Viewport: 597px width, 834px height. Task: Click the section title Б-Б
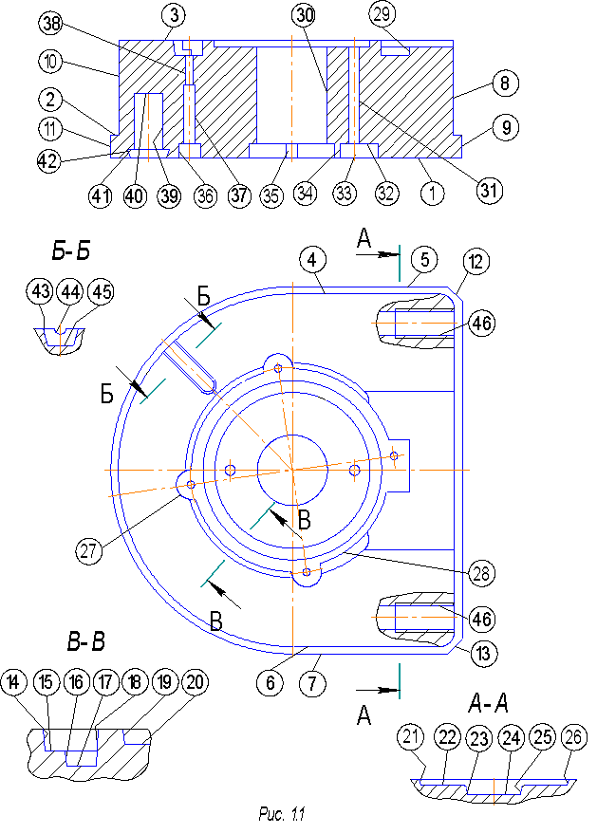(x=70, y=250)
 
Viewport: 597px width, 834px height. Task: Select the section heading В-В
(x=85, y=641)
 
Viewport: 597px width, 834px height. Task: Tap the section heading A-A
(x=489, y=703)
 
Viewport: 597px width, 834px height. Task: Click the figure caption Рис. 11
(x=282, y=813)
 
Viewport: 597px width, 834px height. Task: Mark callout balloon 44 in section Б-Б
(x=69, y=293)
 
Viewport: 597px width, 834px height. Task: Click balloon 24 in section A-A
(x=512, y=737)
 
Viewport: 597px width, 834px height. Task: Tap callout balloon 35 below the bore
(x=272, y=195)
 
